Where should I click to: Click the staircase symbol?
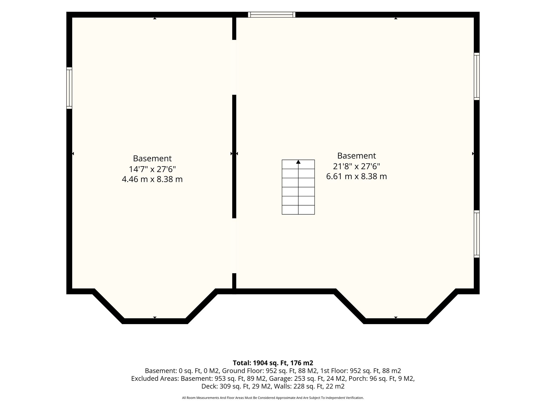[298, 187]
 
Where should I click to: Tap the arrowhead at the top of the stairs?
[298, 162]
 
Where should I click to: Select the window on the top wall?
[272, 15]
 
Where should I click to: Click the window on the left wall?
[69, 88]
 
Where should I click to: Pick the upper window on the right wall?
[477, 76]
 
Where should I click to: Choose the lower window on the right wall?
[477, 234]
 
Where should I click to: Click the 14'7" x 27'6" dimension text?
[152, 169]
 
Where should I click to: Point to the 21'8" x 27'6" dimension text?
[356, 166]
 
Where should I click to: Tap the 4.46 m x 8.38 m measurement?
[152, 179]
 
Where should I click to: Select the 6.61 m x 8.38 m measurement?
[356, 177]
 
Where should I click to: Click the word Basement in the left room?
[152, 158]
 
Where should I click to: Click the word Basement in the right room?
[356, 156]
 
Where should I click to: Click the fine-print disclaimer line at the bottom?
[273, 398]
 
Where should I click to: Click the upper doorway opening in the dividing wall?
[234, 67]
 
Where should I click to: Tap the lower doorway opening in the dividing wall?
[234, 246]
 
